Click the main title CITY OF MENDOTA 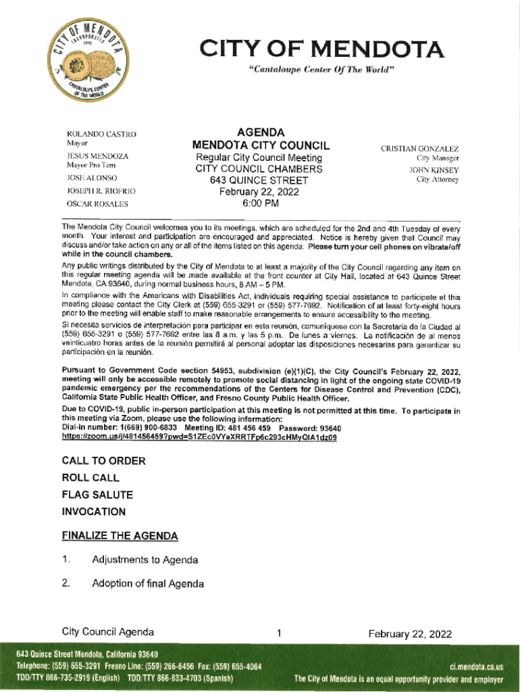(x=321, y=49)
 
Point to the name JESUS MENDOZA (x=88, y=155)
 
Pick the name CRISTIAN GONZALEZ (x=419, y=148)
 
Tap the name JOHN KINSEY (x=433, y=170)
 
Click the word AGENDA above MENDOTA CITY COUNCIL (x=261, y=132)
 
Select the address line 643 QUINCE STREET (x=259, y=180)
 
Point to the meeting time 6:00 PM (x=261, y=203)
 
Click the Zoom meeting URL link (x=199, y=437)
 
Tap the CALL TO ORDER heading (x=103, y=461)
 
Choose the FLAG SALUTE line (x=97, y=495)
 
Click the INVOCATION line (x=93, y=512)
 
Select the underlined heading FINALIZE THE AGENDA (x=120, y=536)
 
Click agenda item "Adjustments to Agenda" (x=145, y=560)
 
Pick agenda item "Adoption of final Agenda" (x=147, y=583)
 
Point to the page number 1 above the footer (x=278, y=634)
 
